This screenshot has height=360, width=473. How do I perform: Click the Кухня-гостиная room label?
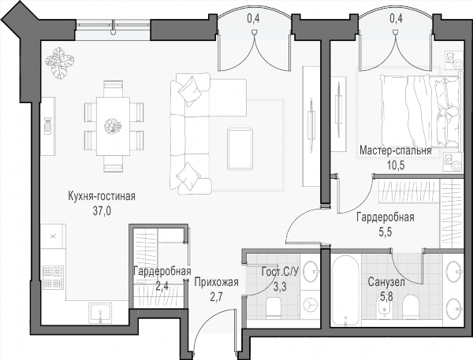tap(102, 196)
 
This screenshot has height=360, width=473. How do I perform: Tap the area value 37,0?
tap(102, 211)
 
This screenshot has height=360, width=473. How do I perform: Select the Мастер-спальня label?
tap(396, 150)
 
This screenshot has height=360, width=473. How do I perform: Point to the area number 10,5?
tap(396, 165)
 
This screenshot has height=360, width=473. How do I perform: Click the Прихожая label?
tap(216, 283)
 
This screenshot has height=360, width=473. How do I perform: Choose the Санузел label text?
tap(386, 283)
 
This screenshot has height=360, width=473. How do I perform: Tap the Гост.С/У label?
tap(280, 272)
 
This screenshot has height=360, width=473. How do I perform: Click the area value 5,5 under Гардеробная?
tap(385, 232)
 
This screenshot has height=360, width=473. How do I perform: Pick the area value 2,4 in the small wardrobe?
tap(162, 285)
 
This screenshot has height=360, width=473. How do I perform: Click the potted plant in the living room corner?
tap(59, 63)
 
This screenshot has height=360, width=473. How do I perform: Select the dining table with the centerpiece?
tap(113, 126)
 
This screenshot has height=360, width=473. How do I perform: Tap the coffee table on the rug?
tap(240, 149)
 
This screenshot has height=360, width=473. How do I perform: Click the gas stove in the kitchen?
tap(54, 276)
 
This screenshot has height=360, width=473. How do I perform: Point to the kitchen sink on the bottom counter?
tap(100, 313)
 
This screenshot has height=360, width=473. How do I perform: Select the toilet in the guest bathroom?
tap(274, 307)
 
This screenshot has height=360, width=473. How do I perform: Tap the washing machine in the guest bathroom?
tap(310, 304)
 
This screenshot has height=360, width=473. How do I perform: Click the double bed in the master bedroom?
tap(420, 111)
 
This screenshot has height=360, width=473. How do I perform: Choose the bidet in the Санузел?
tap(385, 307)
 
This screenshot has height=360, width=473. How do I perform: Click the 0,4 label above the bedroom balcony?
tap(396, 19)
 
